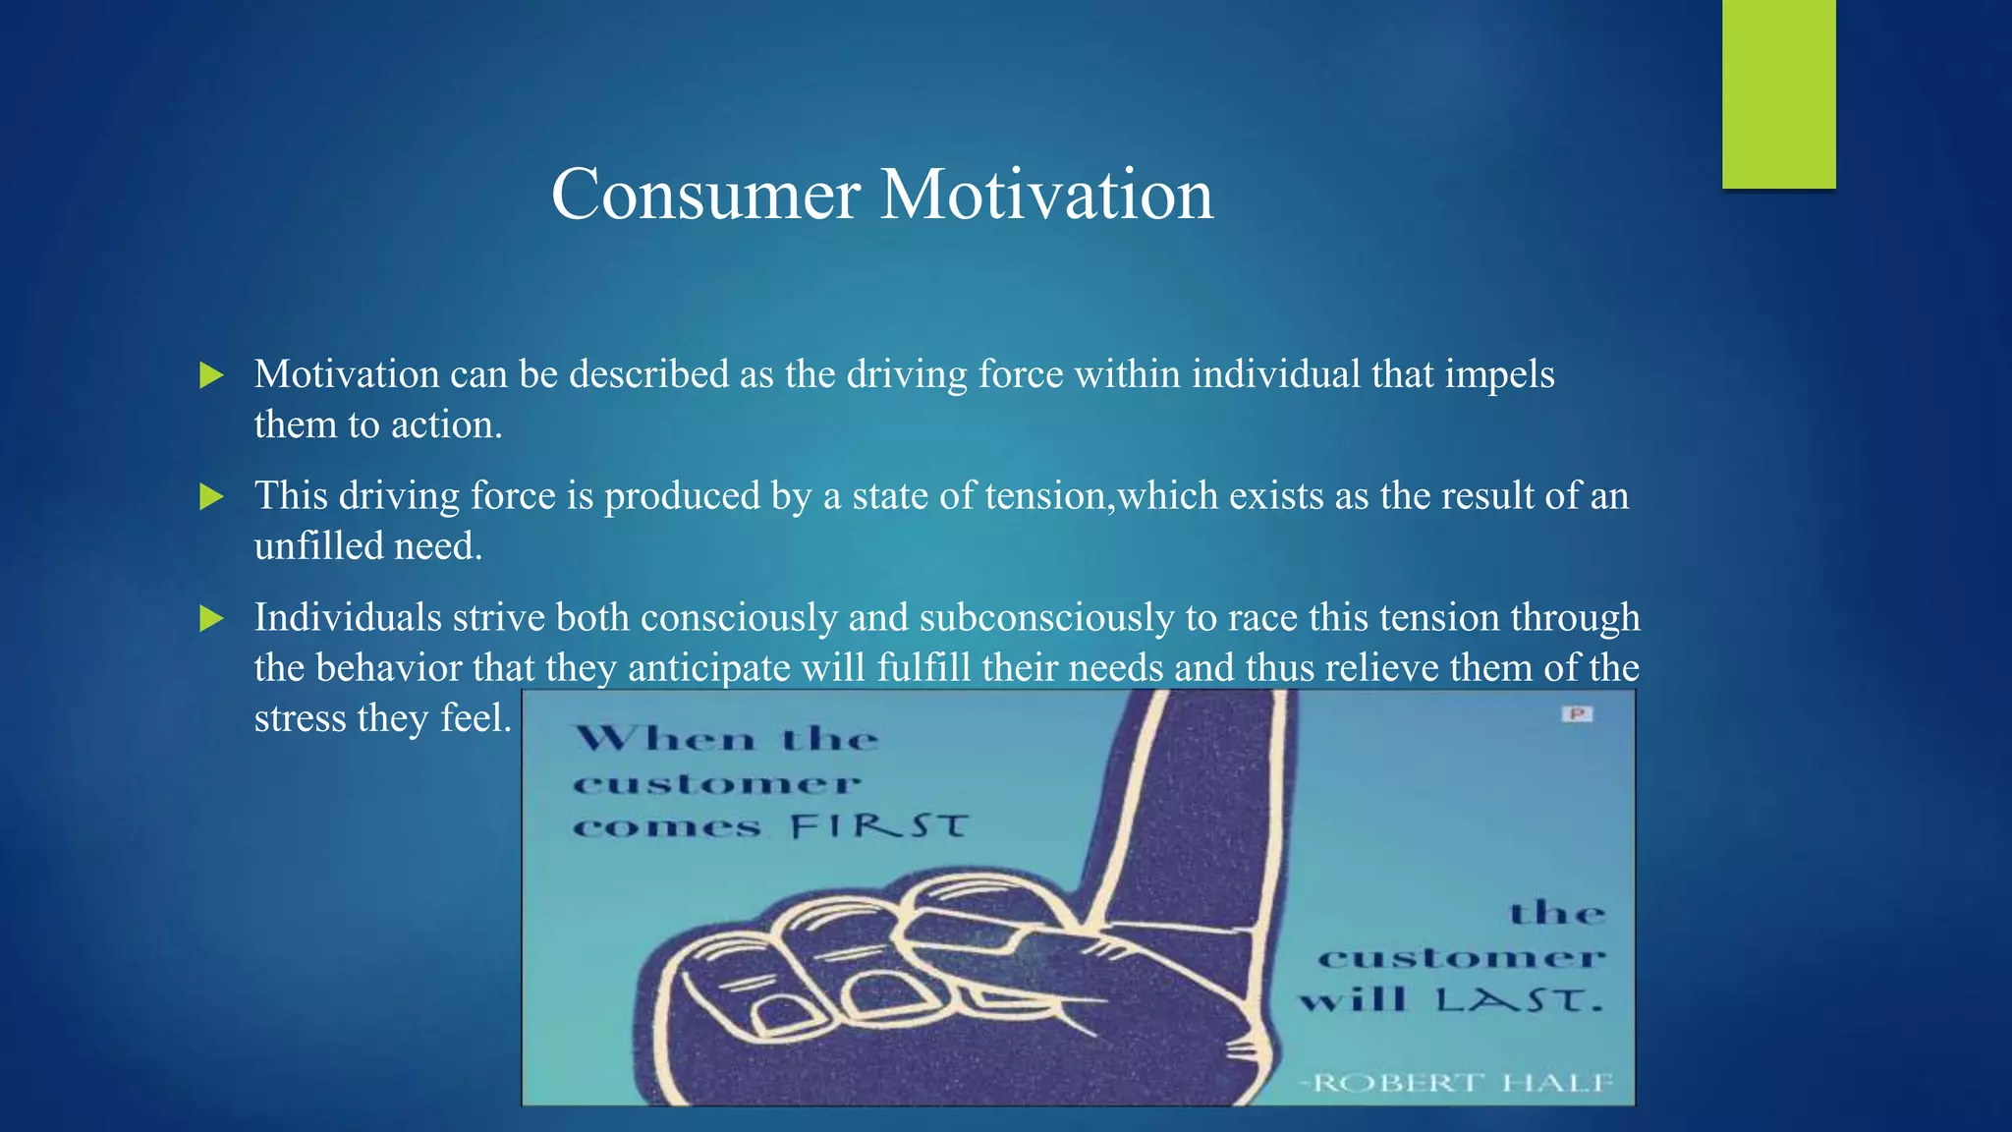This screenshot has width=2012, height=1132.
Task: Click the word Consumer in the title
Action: [x=705, y=195]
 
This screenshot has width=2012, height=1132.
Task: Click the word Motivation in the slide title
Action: [x=1046, y=195]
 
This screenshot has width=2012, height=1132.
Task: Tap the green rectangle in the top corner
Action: [x=1778, y=93]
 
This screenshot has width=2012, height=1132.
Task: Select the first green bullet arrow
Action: [x=211, y=375]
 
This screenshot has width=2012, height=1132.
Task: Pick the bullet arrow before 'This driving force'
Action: [x=211, y=497]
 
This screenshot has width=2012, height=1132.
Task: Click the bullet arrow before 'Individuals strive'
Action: [x=211, y=619]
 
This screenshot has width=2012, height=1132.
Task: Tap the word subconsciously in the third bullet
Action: [x=1046, y=618]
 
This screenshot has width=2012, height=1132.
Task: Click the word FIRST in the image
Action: [x=879, y=826]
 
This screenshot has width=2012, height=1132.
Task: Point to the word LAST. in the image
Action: [x=1519, y=1001]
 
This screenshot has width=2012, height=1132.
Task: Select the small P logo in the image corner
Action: [x=1577, y=714]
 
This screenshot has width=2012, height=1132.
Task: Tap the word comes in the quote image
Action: [x=666, y=827]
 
